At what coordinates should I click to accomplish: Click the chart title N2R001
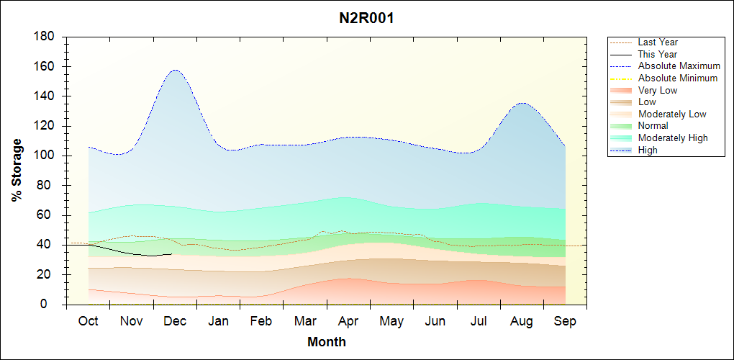pyautogui.click(x=366, y=18)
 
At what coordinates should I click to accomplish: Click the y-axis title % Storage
pyautogui.click(x=17, y=174)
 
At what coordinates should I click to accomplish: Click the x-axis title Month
pyautogui.click(x=326, y=342)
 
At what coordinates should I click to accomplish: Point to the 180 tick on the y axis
pyautogui.click(x=45, y=37)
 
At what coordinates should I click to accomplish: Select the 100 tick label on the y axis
pyautogui.click(x=45, y=156)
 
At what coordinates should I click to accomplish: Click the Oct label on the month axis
pyautogui.click(x=89, y=322)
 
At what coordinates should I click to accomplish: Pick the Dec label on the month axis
pyautogui.click(x=176, y=322)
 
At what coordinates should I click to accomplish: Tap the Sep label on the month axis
pyautogui.click(x=565, y=322)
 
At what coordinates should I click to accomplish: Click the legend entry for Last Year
pyautogui.click(x=657, y=42)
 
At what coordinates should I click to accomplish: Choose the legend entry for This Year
pyautogui.click(x=657, y=54)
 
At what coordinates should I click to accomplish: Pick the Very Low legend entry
pyautogui.click(x=657, y=90)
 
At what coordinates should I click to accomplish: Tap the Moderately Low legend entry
pyautogui.click(x=672, y=114)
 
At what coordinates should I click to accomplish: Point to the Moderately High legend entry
pyautogui.click(x=673, y=138)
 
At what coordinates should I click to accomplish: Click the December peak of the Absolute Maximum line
pyautogui.click(x=175, y=70)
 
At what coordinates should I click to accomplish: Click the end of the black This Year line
pyautogui.click(x=171, y=253)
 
